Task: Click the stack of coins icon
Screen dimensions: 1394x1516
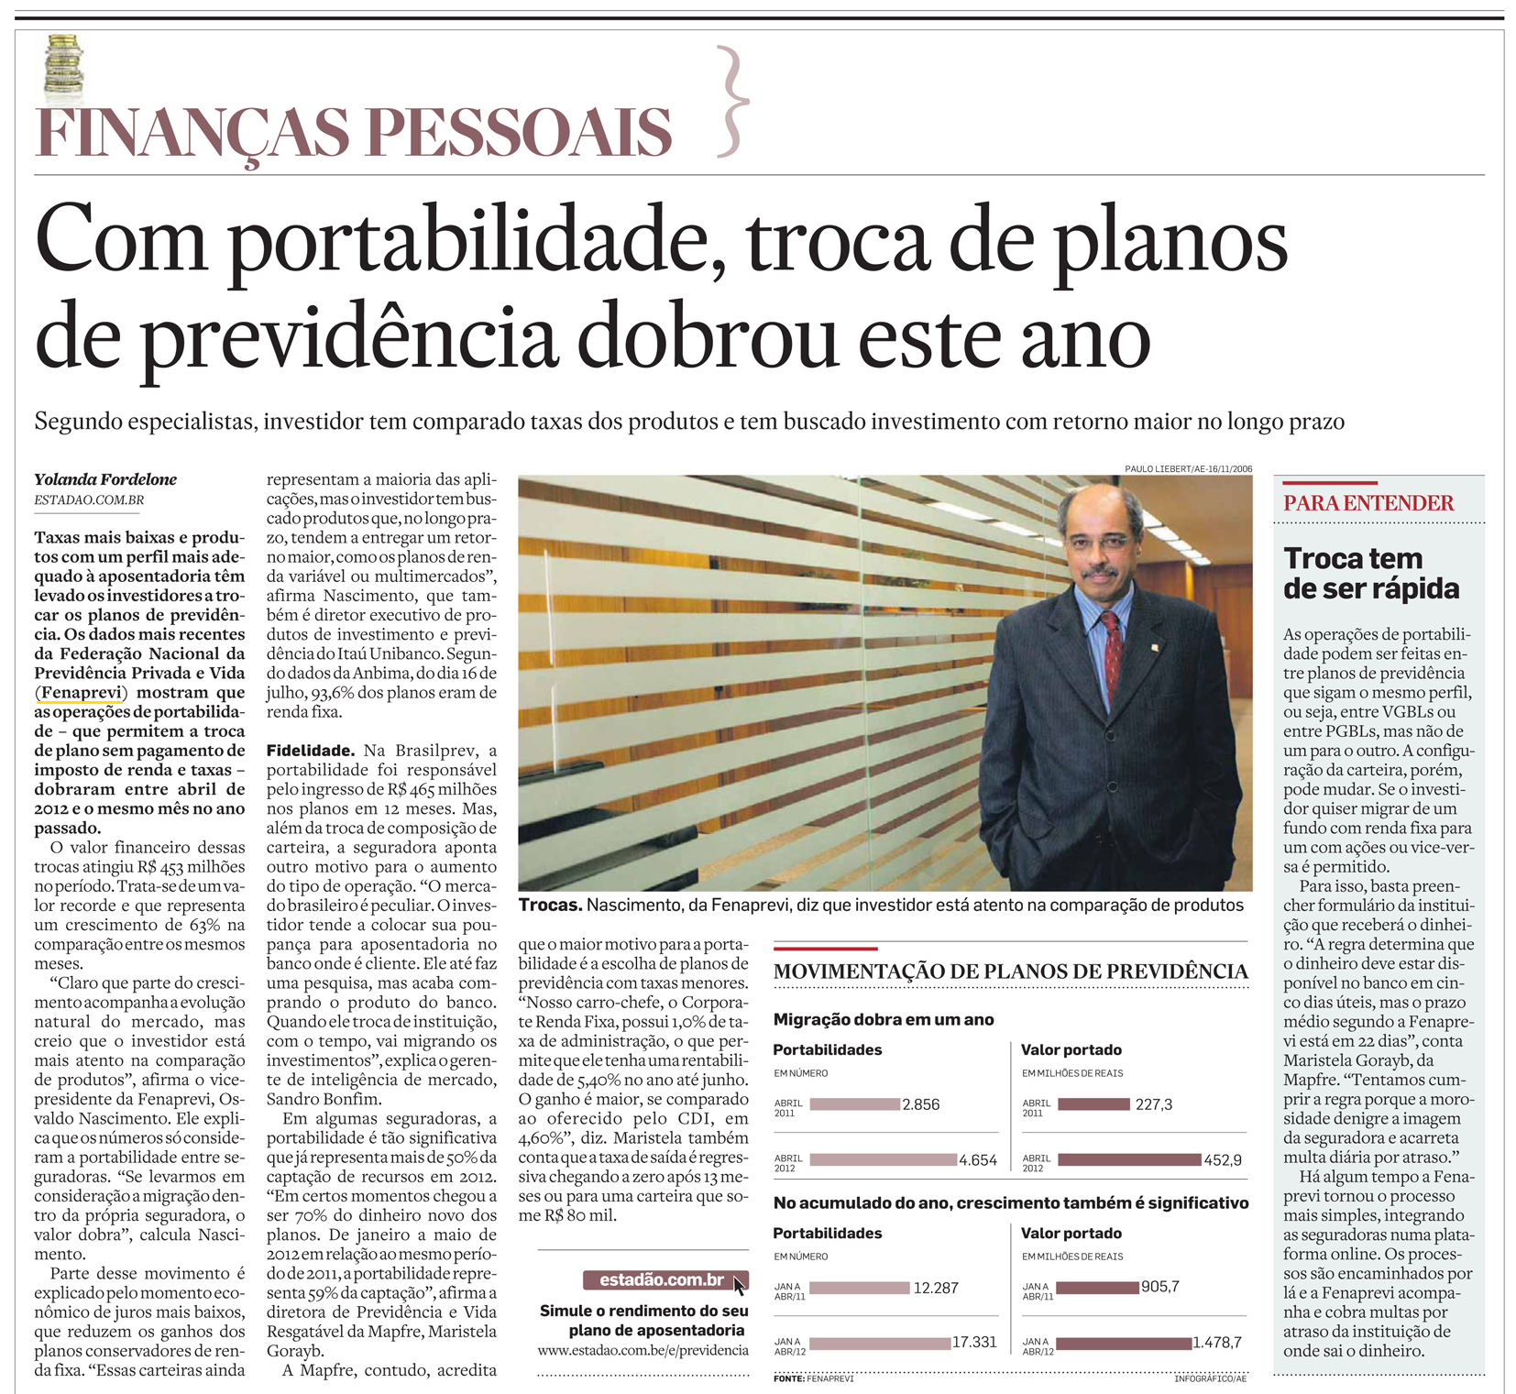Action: point(63,68)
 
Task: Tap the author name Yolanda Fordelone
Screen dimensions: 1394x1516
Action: point(105,479)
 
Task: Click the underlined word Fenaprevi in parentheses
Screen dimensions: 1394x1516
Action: point(82,692)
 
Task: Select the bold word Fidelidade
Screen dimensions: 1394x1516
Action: point(310,751)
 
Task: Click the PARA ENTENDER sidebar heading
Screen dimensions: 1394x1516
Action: point(1368,503)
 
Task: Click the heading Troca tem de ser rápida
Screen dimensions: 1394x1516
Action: point(1370,573)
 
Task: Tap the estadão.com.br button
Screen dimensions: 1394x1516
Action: point(662,1280)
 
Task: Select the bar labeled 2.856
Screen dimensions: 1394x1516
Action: point(854,1104)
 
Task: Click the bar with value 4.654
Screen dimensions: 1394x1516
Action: point(883,1159)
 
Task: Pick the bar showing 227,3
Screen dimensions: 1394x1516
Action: point(1093,1104)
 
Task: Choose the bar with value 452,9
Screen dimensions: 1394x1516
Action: point(1129,1159)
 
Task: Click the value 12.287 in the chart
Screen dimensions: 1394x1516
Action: point(935,1288)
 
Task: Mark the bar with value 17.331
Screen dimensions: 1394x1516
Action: point(880,1343)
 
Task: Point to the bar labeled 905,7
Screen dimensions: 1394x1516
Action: point(1097,1288)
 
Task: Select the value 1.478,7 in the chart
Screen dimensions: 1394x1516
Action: point(1216,1343)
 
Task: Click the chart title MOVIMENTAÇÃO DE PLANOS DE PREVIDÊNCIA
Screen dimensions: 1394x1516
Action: point(1010,972)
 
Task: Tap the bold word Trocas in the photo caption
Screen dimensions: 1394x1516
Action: point(550,906)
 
